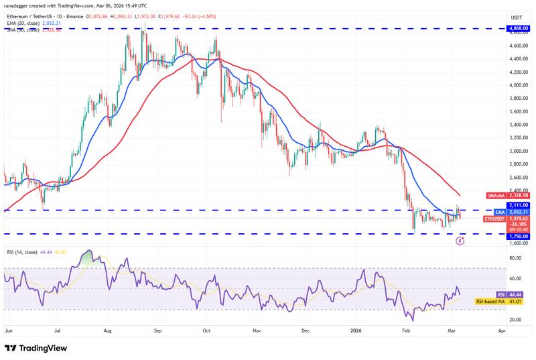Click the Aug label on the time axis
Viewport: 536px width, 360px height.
108,331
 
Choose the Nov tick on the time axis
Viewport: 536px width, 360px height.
255,331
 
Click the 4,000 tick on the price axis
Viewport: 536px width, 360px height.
517,85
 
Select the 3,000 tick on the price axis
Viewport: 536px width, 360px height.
517,151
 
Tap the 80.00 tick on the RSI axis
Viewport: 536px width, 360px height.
516,258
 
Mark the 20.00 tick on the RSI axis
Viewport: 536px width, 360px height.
516,320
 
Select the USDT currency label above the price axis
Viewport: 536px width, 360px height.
517,17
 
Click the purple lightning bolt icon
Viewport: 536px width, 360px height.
460,240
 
